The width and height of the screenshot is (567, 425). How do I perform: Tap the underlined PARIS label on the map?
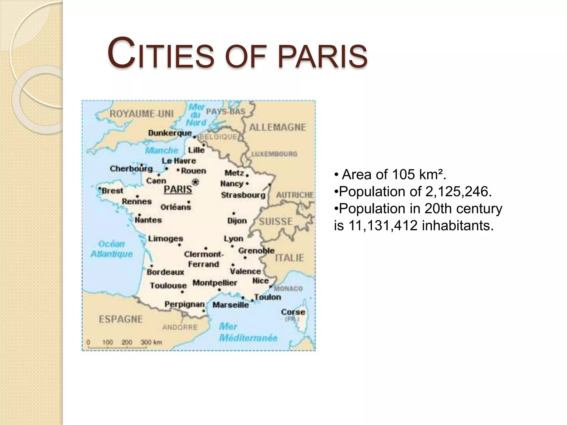point(178,190)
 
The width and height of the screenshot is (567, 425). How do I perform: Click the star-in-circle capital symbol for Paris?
point(195,182)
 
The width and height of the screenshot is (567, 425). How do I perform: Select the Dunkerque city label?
point(170,133)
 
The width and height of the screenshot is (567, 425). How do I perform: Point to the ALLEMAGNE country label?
point(277,127)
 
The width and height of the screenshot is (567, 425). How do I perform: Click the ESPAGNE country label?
point(121,319)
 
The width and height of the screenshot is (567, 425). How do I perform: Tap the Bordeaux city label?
point(165,272)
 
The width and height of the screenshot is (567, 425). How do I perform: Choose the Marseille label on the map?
point(231,305)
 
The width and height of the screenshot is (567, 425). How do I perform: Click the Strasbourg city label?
point(243,195)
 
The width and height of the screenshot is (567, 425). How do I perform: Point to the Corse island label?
point(293,312)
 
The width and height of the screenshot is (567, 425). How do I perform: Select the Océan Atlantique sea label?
point(112,249)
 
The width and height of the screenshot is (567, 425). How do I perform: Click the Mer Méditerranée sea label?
point(248,332)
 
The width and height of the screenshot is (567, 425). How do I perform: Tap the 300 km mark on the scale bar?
point(151,342)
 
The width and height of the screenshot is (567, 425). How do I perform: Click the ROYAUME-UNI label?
point(141,114)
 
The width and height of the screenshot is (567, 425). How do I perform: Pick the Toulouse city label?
point(168,286)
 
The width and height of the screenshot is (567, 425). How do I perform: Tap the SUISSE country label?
point(276,221)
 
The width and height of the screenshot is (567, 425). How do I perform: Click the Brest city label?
point(112,191)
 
